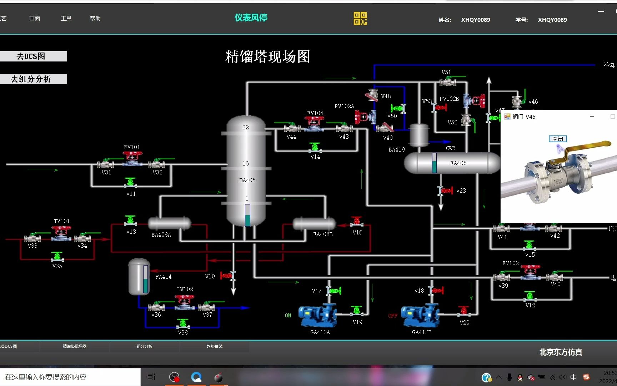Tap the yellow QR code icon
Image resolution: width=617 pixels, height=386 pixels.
coord(360,19)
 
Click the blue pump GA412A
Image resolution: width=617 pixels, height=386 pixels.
coord(317,315)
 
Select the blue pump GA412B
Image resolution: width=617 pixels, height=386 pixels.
coord(420,315)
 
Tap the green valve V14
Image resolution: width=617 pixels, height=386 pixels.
coord(315,147)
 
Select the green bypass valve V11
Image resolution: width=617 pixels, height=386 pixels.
coord(130,183)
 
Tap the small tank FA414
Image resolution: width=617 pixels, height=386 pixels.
coord(139,277)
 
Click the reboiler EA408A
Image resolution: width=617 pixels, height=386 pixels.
coord(169,223)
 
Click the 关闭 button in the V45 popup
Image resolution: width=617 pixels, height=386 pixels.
coord(557,139)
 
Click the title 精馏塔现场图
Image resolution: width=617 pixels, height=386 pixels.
coord(267,56)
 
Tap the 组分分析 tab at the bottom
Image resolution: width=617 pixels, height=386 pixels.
coord(144,346)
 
